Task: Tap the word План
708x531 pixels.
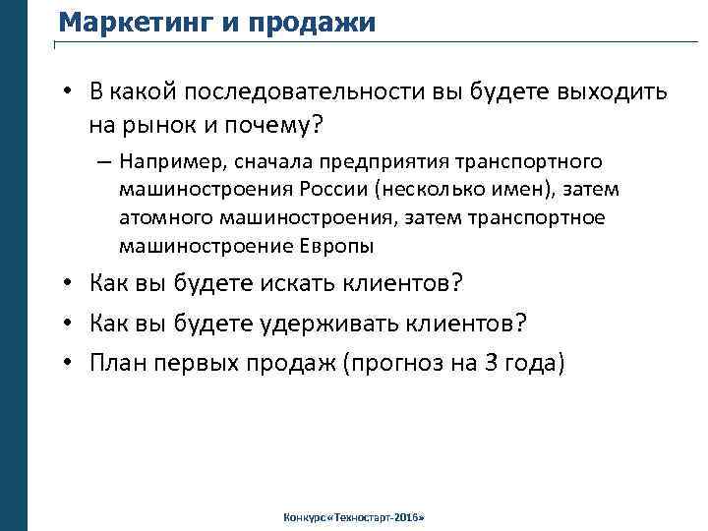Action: coord(119,364)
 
